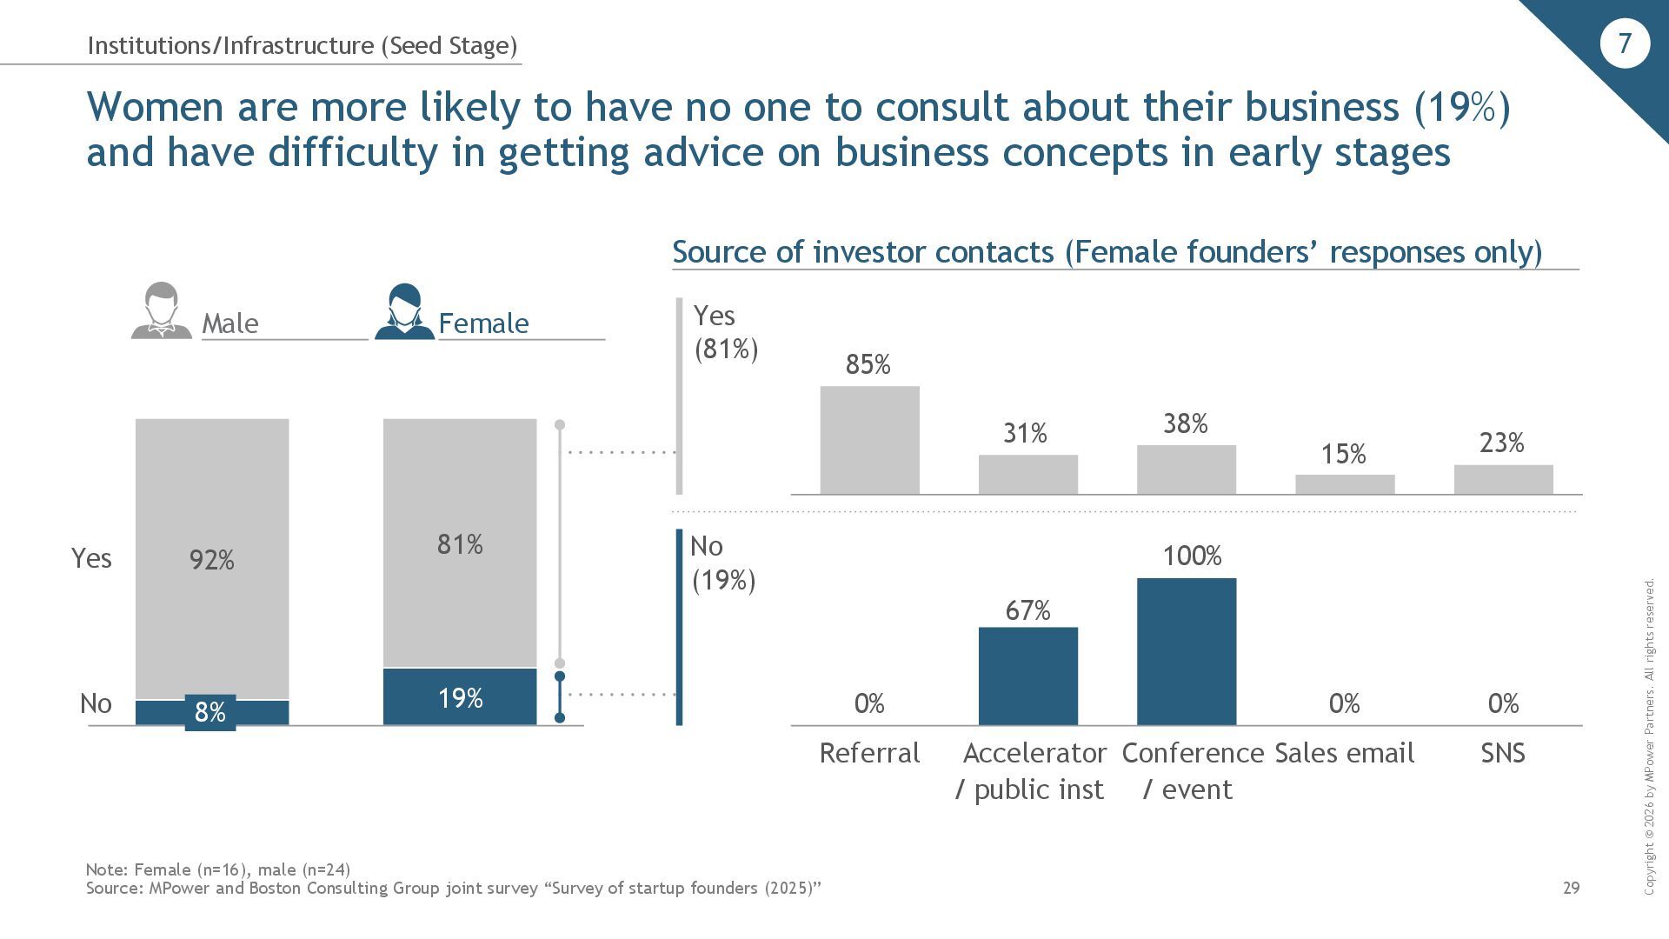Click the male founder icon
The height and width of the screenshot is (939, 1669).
[x=162, y=310]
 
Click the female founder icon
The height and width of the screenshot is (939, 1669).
[x=404, y=310]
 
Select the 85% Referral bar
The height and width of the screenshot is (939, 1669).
[x=869, y=440]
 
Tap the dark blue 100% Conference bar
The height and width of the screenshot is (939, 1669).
[x=1187, y=651]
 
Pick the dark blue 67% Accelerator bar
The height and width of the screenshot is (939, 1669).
[x=1028, y=676]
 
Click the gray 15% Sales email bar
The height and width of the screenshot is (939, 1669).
[x=1345, y=484]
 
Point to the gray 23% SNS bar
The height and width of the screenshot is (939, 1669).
[x=1503, y=479]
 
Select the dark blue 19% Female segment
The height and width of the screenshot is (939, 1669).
[x=460, y=696]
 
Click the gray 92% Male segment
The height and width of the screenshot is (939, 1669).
[x=212, y=558]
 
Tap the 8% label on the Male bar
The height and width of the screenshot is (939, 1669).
[x=210, y=713]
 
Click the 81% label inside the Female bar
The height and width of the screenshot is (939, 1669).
[x=460, y=544]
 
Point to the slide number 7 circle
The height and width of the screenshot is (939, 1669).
[x=1624, y=43]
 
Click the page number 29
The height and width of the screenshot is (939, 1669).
[x=1571, y=888]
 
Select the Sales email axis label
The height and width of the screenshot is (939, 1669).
[x=1344, y=753]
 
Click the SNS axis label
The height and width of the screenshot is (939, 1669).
[x=1503, y=753]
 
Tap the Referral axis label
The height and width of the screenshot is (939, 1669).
[x=869, y=753]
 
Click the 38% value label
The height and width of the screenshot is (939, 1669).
[x=1186, y=423]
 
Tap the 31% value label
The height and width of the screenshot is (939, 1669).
[x=1026, y=433]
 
